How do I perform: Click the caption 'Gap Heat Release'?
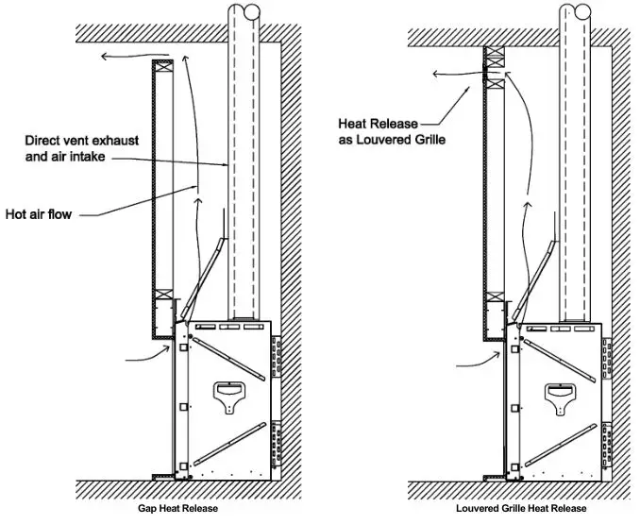coord(178,509)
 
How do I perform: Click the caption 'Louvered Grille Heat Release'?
coord(521,509)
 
